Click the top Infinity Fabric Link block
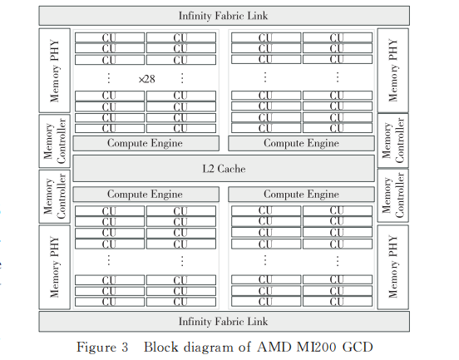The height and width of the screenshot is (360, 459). [x=224, y=16]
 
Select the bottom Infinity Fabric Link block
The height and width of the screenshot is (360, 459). [x=224, y=322]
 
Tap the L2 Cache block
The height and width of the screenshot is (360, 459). [x=224, y=169]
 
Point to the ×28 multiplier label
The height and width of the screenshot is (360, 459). [x=146, y=79]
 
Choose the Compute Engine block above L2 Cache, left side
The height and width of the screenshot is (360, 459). [x=146, y=143]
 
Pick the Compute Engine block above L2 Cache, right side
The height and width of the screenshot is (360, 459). [x=301, y=143]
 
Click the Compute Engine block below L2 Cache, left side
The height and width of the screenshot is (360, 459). [x=146, y=195]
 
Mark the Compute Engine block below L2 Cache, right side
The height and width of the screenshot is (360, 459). [x=301, y=195]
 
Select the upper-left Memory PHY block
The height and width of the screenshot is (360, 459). [x=54, y=70]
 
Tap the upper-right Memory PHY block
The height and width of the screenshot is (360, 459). [x=392, y=70]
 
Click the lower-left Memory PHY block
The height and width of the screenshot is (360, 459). [x=54, y=267]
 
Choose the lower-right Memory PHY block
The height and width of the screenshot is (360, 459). [x=392, y=267]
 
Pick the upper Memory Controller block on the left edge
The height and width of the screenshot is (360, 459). [x=54, y=141]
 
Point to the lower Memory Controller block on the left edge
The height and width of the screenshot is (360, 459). [x=54, y=196]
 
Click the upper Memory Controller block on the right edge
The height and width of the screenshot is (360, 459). [x=392, y=141]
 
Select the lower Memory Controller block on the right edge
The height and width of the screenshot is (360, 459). [x=392, y=195]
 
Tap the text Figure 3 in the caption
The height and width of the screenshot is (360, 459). [x=102, y=348]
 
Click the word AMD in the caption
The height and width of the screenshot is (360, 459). [x=274, y=348]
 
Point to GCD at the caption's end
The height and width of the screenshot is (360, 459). [x=358, y=348]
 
